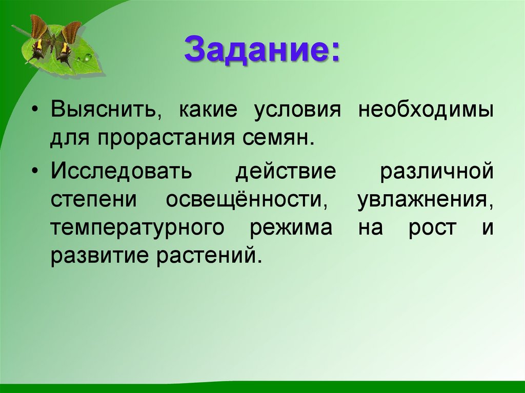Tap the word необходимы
(x=426, y=111)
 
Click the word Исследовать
(x=121, y=171)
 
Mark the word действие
(x=285, y=171)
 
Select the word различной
(x=437, y=171)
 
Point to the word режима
(x=291, y=227)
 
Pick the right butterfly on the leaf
(x=67, y=43)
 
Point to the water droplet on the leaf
(x=87, y=57)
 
